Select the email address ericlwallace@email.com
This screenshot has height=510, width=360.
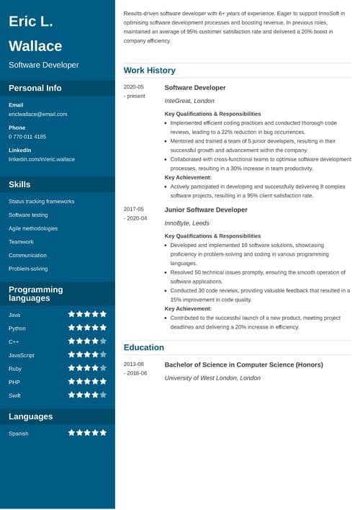38,114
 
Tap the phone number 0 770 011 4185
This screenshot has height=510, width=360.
27,136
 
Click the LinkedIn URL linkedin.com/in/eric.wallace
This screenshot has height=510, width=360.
42,158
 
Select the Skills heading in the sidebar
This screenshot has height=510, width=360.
19,184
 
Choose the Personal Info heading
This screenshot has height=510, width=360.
35,88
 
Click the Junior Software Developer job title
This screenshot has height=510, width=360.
206,210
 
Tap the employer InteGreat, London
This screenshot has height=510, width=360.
189,101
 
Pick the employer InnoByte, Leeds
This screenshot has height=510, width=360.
187,223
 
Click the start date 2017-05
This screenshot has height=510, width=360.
134,210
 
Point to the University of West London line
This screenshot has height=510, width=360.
212,377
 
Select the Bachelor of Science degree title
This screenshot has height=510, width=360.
243,364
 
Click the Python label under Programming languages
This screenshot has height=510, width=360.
17,328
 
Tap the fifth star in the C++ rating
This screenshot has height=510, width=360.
103,341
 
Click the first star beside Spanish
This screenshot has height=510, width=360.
72,433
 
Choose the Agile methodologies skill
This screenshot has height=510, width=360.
33,228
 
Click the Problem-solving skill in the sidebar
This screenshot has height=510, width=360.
28,269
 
